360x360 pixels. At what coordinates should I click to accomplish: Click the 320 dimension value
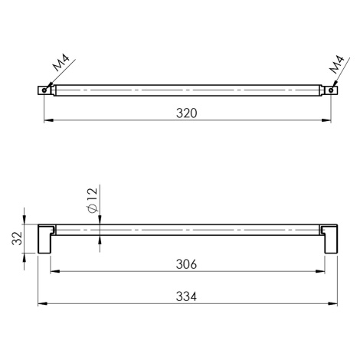click(x=186, y=113)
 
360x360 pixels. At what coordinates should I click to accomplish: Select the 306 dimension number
click(x=186, y=264)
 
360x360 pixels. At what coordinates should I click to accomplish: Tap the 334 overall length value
click(x=186, y=296)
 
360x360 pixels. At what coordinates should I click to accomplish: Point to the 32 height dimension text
click(x=18, y=238)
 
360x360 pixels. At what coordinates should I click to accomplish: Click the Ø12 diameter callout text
click(x=92, y=200)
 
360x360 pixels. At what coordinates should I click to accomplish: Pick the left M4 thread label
click(x=61, y=63)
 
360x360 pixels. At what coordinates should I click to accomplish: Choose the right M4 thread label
click(x=336, y=64)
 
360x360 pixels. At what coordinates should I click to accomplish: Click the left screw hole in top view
click(x=44, y=90)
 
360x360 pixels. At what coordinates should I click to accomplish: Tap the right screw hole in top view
click(x=331, y=90)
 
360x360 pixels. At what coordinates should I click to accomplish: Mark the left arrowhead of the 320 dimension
click(x=49, y=120)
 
